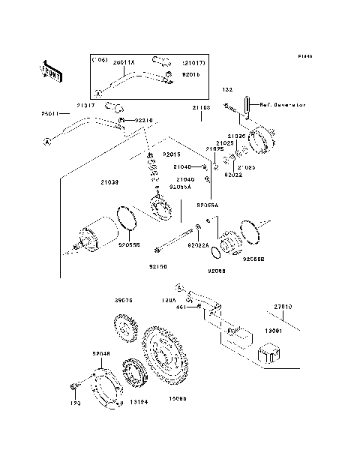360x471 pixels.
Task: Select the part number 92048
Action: pos(101,352)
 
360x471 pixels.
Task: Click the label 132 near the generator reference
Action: pos(226,90)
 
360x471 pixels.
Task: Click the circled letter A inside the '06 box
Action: pos(97,94)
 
